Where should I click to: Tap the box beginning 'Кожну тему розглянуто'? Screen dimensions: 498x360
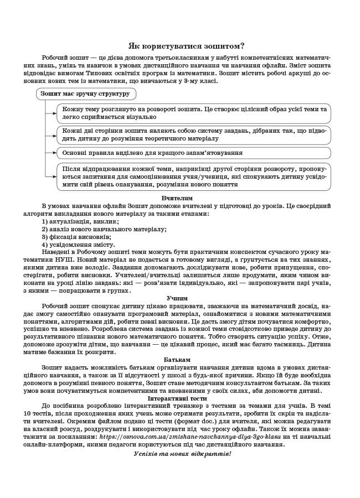[193, 113]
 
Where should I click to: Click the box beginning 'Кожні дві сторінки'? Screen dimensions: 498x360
[193, 134]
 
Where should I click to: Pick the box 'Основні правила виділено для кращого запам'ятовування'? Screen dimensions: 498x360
[193, 153]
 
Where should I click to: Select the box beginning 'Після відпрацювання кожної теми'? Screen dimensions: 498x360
[193, 177]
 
